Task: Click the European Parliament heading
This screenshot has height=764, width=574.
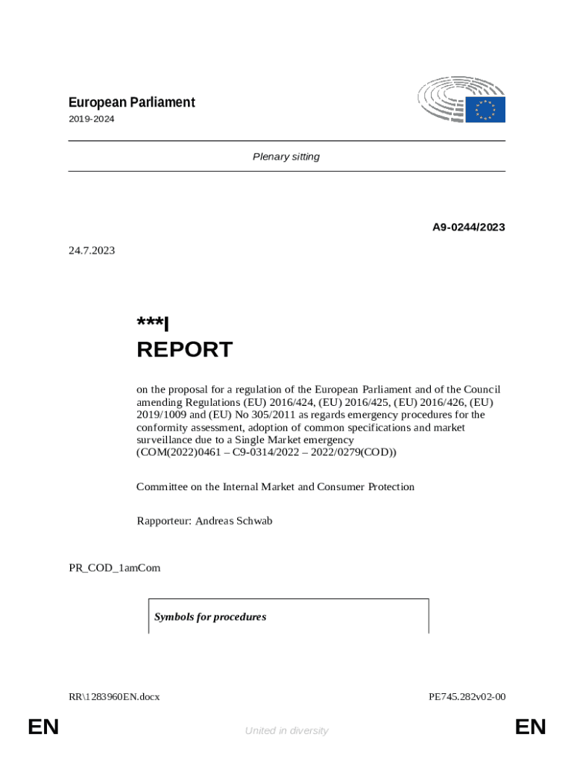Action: pyautogui.click(x=131, y=102)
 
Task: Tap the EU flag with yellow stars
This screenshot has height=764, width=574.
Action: pyautogui.click(x=485, y=110)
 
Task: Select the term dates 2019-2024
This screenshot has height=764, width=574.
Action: pyautogui.click(x=92, y=119)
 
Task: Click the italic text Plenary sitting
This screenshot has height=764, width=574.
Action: pyautogui.click(x=286, y=157)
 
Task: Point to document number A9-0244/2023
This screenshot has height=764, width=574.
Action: pyautogui.click(x=468, y=227)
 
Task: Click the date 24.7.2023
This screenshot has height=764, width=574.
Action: pyautogui.click(x=92, y=251)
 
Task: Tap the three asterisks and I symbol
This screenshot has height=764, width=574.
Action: pyautogui.click(x=153, y=324)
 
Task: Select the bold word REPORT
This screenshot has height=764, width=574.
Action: pyautogui.click(x=184, y=349)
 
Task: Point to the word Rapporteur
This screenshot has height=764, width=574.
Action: pyautogui.click(x=163, y=521)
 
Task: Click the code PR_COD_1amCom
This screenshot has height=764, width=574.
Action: pyautogui.click(x=114, y=568)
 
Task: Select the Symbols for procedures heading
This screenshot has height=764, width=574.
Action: pyautogui.click(x=210, y=617)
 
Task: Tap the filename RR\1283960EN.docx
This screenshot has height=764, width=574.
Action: pyautogui.click(x=114, y=697)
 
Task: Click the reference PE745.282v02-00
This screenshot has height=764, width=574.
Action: pyautogui.click(x=467, y=697)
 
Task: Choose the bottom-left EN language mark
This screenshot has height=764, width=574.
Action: pyautogui.click(x=43, y=727)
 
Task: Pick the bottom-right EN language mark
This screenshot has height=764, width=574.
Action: pyautogui.click(x=530, y=727)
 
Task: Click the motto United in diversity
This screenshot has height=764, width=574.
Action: pyautogui.click(x=286, y=731)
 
